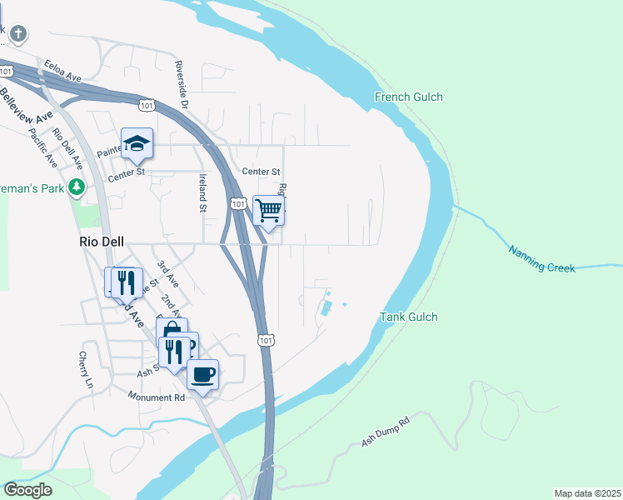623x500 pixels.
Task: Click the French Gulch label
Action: point(408,97)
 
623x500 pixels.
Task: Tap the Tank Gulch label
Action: point(408,317)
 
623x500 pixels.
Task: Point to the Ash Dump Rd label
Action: point(386,432)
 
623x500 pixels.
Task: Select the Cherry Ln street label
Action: point(84,370)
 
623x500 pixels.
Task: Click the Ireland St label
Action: point(202,192)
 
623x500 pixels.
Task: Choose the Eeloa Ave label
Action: point(63,69)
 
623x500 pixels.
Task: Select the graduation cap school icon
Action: point(137,143)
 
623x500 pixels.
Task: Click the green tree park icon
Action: point(77,187)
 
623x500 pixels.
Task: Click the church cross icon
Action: point(18,34)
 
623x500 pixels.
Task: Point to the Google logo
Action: point(27,490)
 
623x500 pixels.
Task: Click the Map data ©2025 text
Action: point(586,493)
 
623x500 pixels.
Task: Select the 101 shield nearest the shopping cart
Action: point(238,203)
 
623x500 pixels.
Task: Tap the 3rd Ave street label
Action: point(167,274)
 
